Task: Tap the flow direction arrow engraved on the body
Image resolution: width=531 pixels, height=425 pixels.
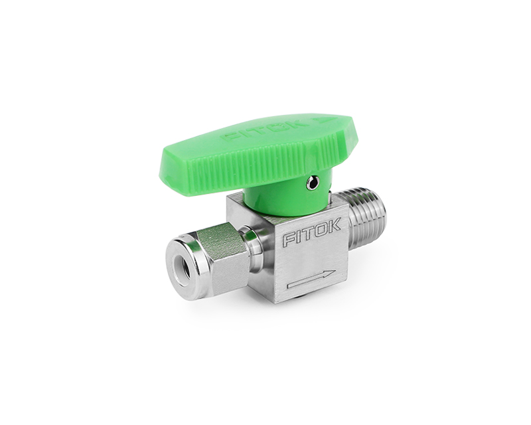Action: pyautogui.click(x=311, y=279)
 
